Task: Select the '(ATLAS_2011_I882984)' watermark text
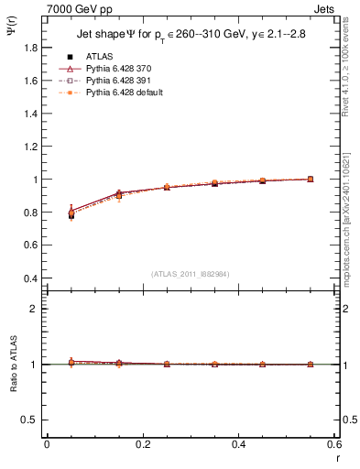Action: pos(190,273)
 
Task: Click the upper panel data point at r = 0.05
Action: pos(71,214)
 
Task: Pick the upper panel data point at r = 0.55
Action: pos(311,180)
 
